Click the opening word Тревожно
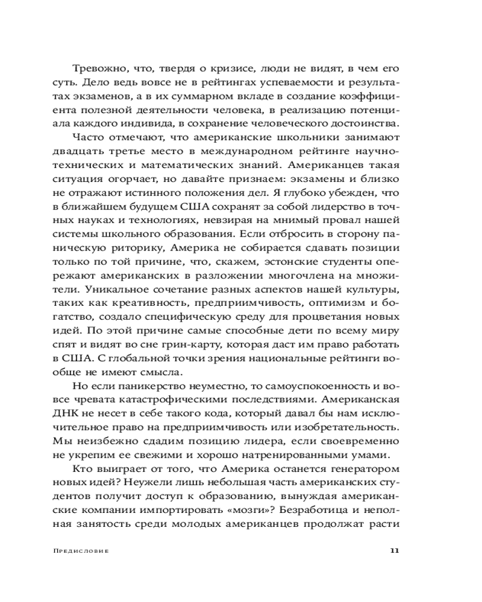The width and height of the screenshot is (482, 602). point(98,69)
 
